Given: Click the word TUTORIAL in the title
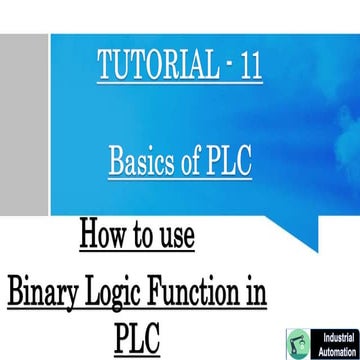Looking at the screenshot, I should (157, 67).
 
